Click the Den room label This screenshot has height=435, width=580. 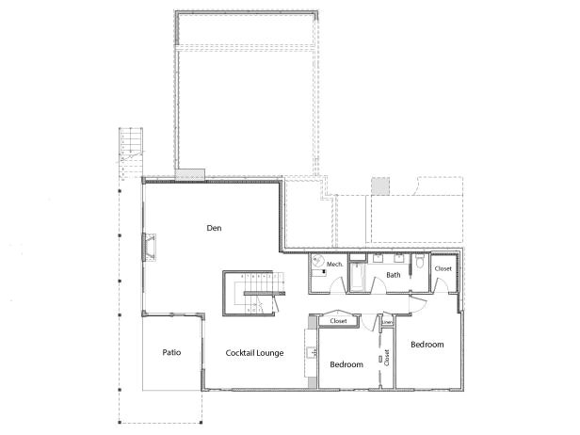(x=214, y=228)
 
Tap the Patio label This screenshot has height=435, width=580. (x=170, y=353)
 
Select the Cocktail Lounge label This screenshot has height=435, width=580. (x=255, y=353)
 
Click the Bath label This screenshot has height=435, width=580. (x=393, y=276)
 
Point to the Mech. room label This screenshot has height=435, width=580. (x=334, y=266)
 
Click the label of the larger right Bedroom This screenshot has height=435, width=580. (x=427, y=345)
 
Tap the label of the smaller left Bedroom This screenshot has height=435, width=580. (x=346, y=363)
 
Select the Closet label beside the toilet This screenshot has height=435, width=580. (x=443, y=269)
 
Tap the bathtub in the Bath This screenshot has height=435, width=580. (x=359, y=276)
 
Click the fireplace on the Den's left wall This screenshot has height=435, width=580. (x=148, y=247)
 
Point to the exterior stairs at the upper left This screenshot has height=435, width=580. (x=129, y=145)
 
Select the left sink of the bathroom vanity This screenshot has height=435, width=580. (x=379, y=257)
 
